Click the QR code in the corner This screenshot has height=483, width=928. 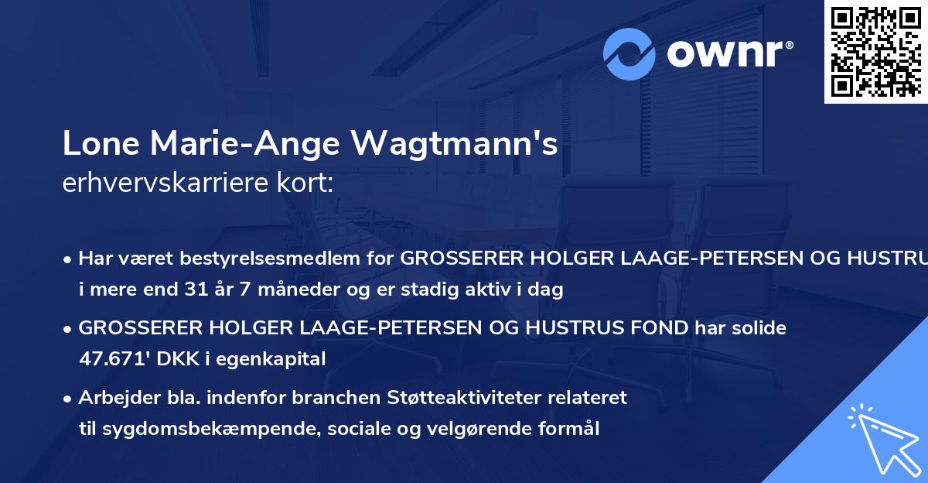(x=875, y=51)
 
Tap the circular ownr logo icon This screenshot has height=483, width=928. (x=630, y=53)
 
